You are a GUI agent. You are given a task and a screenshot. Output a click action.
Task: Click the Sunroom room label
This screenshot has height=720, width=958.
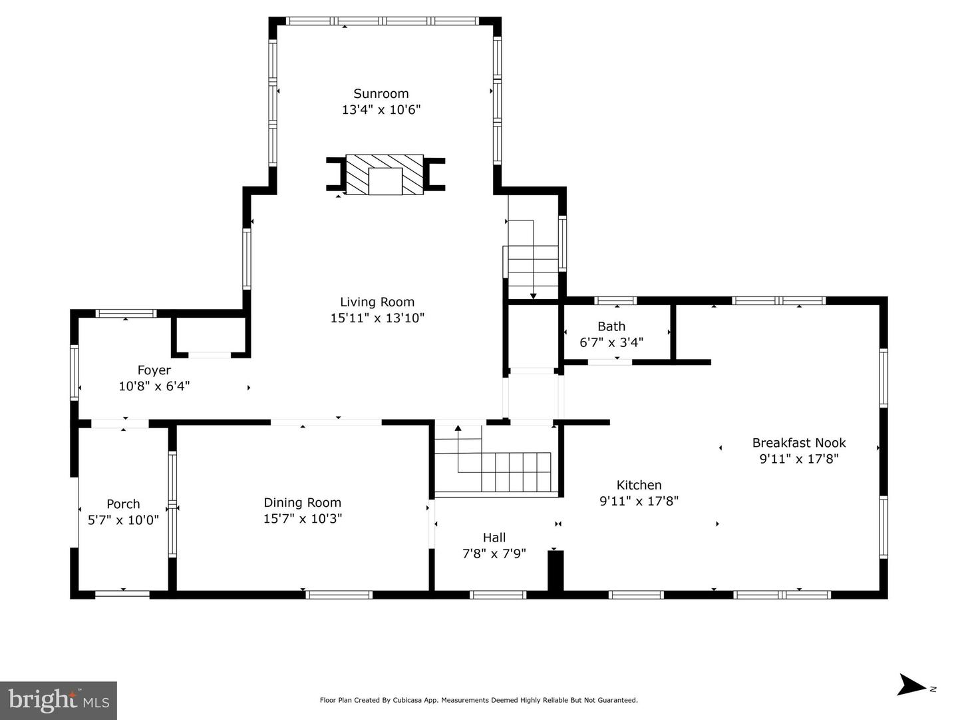coord(381,93)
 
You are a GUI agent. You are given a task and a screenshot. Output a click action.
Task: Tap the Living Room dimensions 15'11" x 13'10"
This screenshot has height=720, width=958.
coord(377,318)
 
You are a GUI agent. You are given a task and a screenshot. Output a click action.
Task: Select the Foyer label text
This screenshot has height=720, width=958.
coord(154,370)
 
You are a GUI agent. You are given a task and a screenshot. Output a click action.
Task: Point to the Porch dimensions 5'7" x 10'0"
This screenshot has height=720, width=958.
coord(123,520)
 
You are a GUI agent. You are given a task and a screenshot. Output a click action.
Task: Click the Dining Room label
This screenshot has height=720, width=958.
coord(302,502)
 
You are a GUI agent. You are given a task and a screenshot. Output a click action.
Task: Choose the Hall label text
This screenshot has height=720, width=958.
coord(494,538)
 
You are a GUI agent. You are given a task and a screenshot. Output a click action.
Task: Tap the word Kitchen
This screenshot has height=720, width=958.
coord(639,485)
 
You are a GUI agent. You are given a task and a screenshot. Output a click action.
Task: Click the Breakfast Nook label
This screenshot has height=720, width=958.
coord(799,443)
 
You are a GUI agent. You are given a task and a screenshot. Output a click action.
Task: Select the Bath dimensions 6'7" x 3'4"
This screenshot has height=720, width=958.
coord(611,342)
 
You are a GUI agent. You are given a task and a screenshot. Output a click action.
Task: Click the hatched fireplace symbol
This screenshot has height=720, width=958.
coord(385,175)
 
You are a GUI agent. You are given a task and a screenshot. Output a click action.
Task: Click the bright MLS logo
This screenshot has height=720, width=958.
coord(59,701)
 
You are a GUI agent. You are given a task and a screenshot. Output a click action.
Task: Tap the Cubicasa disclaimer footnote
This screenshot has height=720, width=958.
coord(478,700)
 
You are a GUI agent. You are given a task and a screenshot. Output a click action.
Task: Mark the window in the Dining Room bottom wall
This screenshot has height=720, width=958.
coord(339,595)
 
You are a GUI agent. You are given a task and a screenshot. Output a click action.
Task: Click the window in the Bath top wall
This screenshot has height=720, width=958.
coord(615,300)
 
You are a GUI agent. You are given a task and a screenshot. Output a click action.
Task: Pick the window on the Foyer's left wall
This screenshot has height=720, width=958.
coord(75,372)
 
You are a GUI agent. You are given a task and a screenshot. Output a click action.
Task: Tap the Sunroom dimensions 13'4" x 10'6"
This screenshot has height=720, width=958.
coord(381,110)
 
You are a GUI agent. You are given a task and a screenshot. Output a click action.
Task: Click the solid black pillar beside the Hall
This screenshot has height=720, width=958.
coord(556,571)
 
